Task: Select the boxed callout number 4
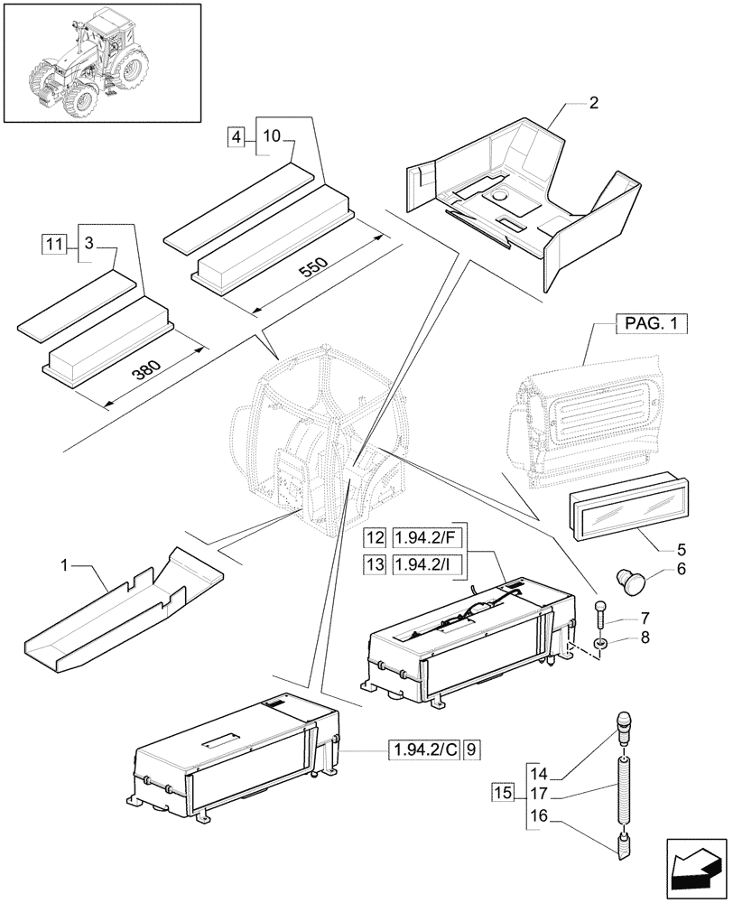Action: (x=237, y=137)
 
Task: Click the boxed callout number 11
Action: (x=54, y=244)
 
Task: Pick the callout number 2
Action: (x=592, y=103)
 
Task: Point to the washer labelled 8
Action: (x=600, y=644)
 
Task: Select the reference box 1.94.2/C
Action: (x=424, y=749)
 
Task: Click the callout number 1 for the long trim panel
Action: (x=64, y=566)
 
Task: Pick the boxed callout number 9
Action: (x=474, y=749)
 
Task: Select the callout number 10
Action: (x=272, y=137)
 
